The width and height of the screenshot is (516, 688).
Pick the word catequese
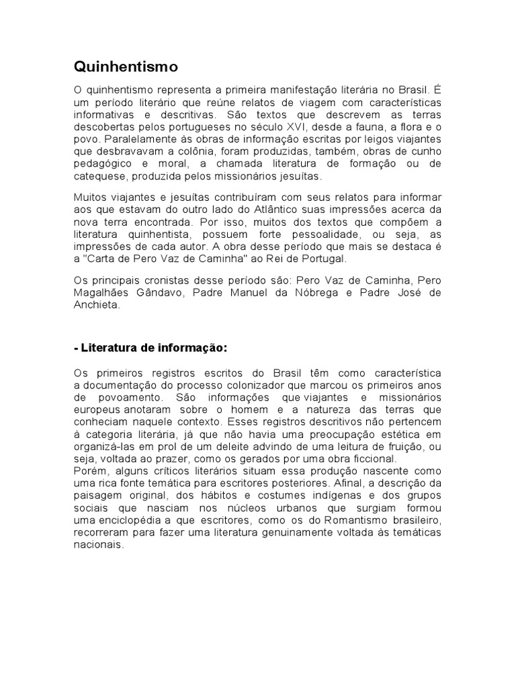click(x=100, y=176)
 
